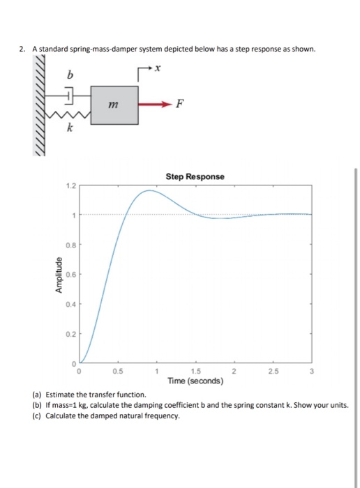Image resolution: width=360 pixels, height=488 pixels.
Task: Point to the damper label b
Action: [70, 73]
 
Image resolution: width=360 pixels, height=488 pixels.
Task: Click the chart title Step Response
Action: [195, 176]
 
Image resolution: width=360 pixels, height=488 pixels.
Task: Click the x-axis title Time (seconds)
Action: [195, 381]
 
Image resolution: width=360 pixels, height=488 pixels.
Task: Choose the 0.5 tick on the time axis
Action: [119, 370]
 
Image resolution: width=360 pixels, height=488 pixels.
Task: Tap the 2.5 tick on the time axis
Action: [273, 370]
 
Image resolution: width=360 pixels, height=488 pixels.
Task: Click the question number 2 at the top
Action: [22, 49]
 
